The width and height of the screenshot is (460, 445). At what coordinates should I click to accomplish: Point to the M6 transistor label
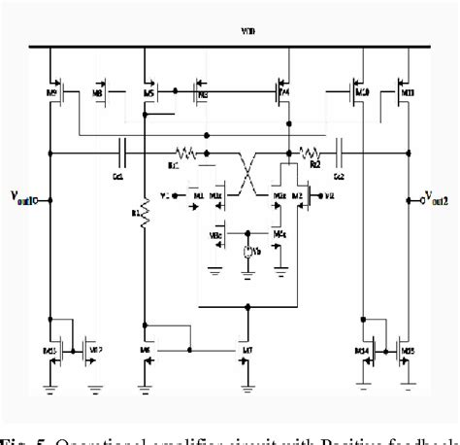146,347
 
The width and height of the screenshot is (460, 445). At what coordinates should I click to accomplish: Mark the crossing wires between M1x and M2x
248,176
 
